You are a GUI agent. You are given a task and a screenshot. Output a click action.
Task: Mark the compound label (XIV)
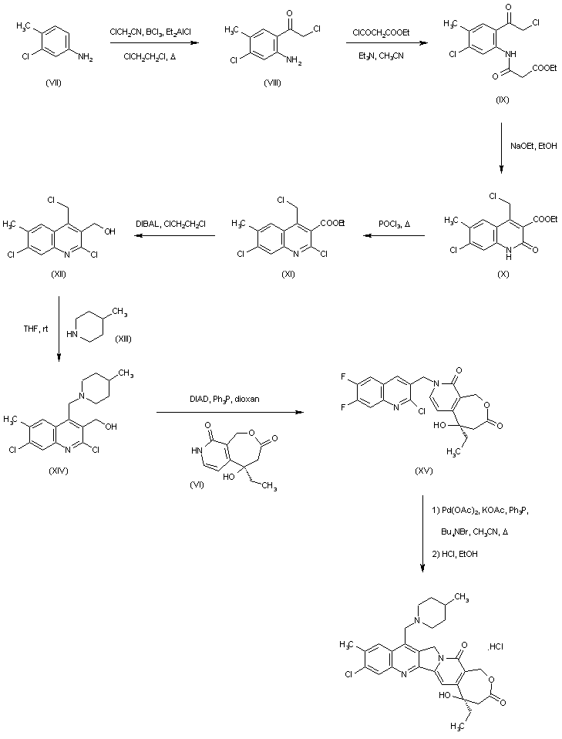click(57, 471)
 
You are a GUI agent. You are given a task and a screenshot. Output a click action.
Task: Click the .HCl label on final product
click(496, 646)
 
